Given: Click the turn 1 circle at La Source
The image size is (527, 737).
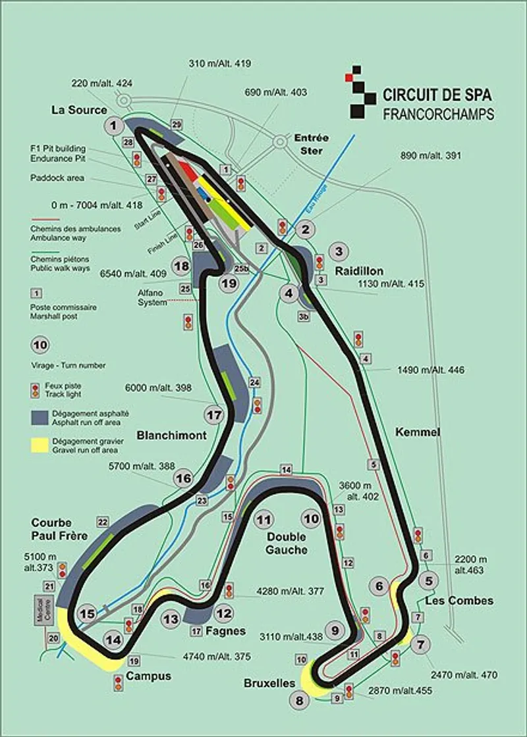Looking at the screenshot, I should click(114, 125).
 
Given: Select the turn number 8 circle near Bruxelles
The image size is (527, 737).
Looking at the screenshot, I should click(301, 700).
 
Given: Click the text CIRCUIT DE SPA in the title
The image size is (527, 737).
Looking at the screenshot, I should click(437, 95).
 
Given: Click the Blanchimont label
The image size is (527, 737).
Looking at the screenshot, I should click(172, 435).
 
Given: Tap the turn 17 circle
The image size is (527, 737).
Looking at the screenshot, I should click(214, 415).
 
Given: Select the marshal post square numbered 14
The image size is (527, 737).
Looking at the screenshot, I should click(286, 469).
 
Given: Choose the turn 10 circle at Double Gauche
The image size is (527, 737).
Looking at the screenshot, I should click(311, 519).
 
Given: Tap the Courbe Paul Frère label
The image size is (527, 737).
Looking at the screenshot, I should click(59, 530).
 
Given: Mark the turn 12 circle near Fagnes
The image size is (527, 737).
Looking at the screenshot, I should click(224, 613).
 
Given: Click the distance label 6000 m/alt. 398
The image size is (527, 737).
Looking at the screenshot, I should click(160, 389).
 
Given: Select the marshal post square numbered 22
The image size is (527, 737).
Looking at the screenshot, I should click(103, 522).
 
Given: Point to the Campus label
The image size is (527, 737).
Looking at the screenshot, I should click(148, 676).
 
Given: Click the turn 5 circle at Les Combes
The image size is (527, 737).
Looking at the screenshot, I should click(429, 580).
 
